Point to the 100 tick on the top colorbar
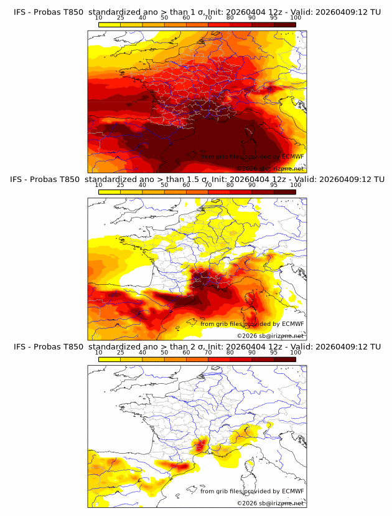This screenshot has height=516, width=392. click(296, 18)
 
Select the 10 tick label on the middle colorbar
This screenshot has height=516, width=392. click(99, 185)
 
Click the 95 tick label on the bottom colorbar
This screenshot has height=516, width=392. click(274, 352)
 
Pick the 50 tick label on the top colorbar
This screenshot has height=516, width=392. click(164, 18)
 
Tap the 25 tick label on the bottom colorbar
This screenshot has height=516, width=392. click(121, 352)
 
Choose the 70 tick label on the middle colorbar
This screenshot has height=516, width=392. click(208, 185)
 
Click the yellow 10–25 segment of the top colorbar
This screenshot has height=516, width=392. click(110, 24)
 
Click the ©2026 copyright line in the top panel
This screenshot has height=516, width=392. click(270, 168)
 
